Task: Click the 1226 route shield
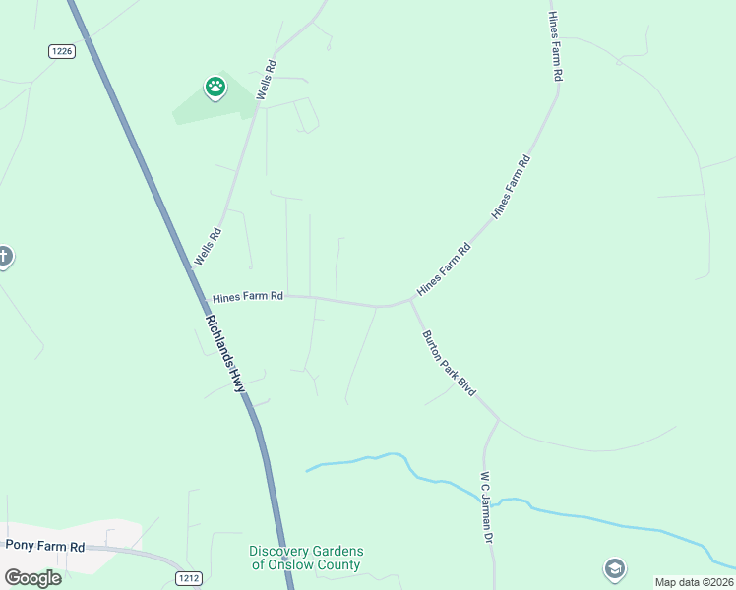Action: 61,51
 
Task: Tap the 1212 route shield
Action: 189,577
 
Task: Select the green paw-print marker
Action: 215,88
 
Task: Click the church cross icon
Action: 4,258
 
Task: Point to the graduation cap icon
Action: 615,568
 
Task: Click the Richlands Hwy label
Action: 225,354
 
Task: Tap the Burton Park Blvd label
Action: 449,363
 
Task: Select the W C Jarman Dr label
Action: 486,507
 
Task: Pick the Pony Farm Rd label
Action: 45,545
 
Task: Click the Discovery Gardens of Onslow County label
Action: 306,558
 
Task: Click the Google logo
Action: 32,577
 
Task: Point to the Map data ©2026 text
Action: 694,582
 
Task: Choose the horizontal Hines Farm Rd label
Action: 248,295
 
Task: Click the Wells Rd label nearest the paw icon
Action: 265,79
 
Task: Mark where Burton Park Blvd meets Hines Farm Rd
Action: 409,302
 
